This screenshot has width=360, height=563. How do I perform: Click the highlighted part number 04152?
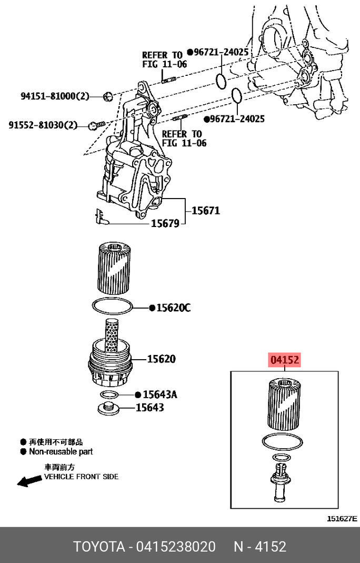point(285,361)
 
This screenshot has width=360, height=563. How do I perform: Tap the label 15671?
point(205,211)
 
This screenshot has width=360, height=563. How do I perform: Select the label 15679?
point(165,224)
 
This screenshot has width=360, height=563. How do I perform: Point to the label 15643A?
point(160,394)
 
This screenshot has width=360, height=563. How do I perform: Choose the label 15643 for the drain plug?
point(150,407)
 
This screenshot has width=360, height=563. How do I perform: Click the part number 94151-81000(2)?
point(55,96)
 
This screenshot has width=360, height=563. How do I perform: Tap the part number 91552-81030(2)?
point(43,125)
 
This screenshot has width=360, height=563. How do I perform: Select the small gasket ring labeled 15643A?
point(109,395)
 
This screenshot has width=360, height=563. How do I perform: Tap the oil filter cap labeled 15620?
point(111,363)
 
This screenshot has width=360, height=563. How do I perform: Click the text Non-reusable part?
point(61,451)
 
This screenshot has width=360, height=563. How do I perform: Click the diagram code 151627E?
point(342,519)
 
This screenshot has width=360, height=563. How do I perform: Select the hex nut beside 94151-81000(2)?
point(108,96)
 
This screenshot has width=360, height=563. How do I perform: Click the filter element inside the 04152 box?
point(284,403)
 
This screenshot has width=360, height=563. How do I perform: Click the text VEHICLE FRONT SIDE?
point(81,477)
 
